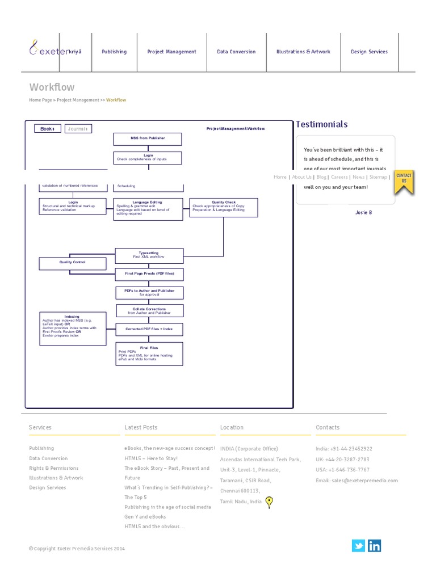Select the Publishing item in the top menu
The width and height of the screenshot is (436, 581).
(x=114, y=52)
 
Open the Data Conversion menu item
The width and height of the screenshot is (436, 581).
(x=236, y=52)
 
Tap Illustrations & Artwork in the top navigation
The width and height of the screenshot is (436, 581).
(x=303, y=52)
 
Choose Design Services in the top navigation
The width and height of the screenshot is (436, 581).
(x=369, y=52)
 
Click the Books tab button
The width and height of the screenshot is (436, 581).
(x=47, y=129)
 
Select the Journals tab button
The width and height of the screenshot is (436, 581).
(x=78, y=129)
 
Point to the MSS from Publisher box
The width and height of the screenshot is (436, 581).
(x=148, y=138)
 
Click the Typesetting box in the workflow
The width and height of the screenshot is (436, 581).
(x=149, y=255)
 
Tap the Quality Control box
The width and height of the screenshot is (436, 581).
(x=72, y=263)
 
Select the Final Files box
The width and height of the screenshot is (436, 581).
(x=149, y=354)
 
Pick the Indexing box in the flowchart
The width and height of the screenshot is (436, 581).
(x=72, y=328)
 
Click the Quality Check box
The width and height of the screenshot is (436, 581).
(x=224, y=207)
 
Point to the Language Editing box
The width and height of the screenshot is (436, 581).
(x=148, y=209)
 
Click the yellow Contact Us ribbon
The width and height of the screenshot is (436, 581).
(x=404, y=181)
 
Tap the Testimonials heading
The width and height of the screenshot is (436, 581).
(x=321, y=124)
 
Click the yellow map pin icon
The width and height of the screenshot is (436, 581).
(x=269, y=502)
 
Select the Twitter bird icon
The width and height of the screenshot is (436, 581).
(x=358, y=546)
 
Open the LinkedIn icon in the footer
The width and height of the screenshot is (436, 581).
(x=375, y=546)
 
